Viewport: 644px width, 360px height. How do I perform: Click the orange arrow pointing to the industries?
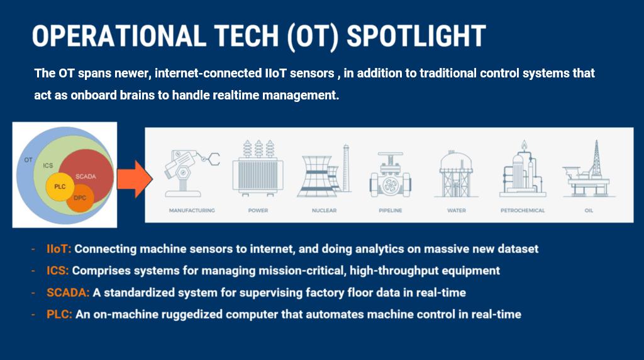[x=135, y=179]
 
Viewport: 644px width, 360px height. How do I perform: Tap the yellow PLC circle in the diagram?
[x=60, y=187]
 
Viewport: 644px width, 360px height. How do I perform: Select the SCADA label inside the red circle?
[x=86, y=176]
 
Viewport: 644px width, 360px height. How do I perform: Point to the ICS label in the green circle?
[x=48, y=165]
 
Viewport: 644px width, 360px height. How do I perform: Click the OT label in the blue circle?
[x=28, y=160]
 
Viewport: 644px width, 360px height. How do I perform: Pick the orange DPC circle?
[x=80, y=198]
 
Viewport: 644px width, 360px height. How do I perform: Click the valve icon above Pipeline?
[x=390, y=175]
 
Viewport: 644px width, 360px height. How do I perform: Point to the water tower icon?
[x=457, y=174]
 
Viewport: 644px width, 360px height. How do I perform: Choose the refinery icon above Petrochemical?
[x=523, y=169]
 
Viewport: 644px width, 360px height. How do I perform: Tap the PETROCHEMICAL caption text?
[x=523, y=210]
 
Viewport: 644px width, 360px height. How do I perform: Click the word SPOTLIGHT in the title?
[x=416, y=36]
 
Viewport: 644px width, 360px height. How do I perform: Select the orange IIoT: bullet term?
[x=58, y=249]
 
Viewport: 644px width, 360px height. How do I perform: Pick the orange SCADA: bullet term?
[x=68, y=293]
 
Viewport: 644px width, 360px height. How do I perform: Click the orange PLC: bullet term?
[x=59, y=315]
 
